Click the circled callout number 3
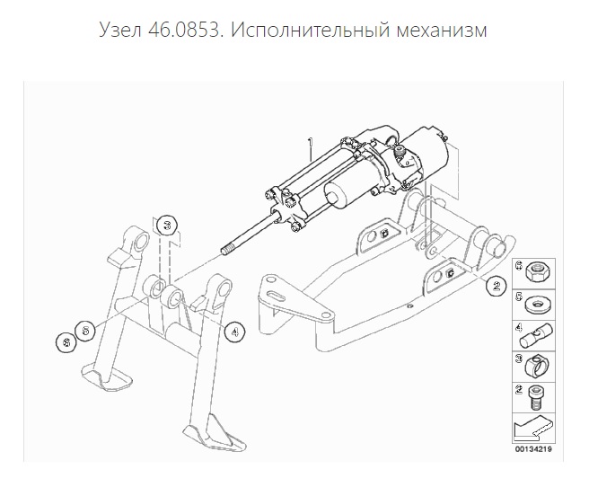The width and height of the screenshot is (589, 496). click(167, 226)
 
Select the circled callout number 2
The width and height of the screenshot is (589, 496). click(496, 286)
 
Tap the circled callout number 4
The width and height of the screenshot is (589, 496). click(234, 332)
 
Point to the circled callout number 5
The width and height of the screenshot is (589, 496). click(85, 331)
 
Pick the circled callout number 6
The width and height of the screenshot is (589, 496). click(66, 343)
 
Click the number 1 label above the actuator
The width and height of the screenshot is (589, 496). click(311, 143)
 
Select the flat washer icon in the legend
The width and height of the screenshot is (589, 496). click(538, 305)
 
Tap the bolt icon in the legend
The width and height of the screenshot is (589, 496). click(537, 398)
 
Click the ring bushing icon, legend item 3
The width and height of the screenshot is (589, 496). click(536, 367)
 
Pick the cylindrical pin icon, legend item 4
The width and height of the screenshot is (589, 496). click(536, 335)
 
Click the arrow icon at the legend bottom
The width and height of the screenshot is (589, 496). click(533, 428)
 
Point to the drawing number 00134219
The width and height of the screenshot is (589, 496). click(533, 449)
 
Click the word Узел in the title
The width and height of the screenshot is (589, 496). click(120, 30)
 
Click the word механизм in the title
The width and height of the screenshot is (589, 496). click(442, 30)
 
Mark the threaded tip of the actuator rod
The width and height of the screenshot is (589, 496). click(228, 250)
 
